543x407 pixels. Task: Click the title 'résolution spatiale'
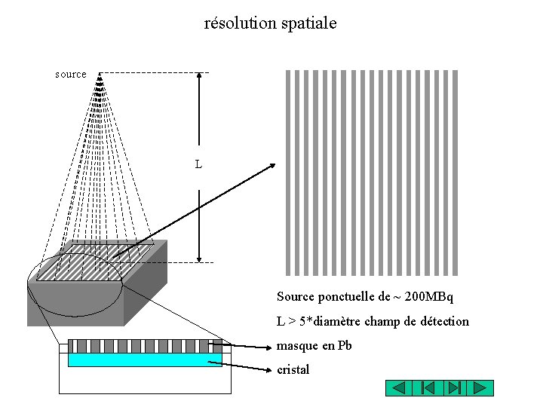click(271, 23)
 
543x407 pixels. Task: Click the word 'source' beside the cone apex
click(71, 75)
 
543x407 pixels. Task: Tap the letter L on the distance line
click(198, 164)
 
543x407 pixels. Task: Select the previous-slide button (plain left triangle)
click(400, 388)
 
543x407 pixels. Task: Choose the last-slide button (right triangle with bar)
click(453, 388)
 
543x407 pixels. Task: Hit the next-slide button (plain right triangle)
click(480, 388)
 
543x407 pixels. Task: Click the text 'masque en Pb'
click(314, 346)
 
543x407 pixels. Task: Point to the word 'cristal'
click(293, 370)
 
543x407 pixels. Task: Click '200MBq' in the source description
click(429, 297)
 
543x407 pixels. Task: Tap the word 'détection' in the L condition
click(443, 322)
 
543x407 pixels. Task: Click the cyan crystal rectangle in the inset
click(140, 360)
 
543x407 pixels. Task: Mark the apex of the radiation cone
click(100, 74)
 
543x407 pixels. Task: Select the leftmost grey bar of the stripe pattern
click(287, 173)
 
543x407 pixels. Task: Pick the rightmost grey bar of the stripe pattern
click(456, 173)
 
